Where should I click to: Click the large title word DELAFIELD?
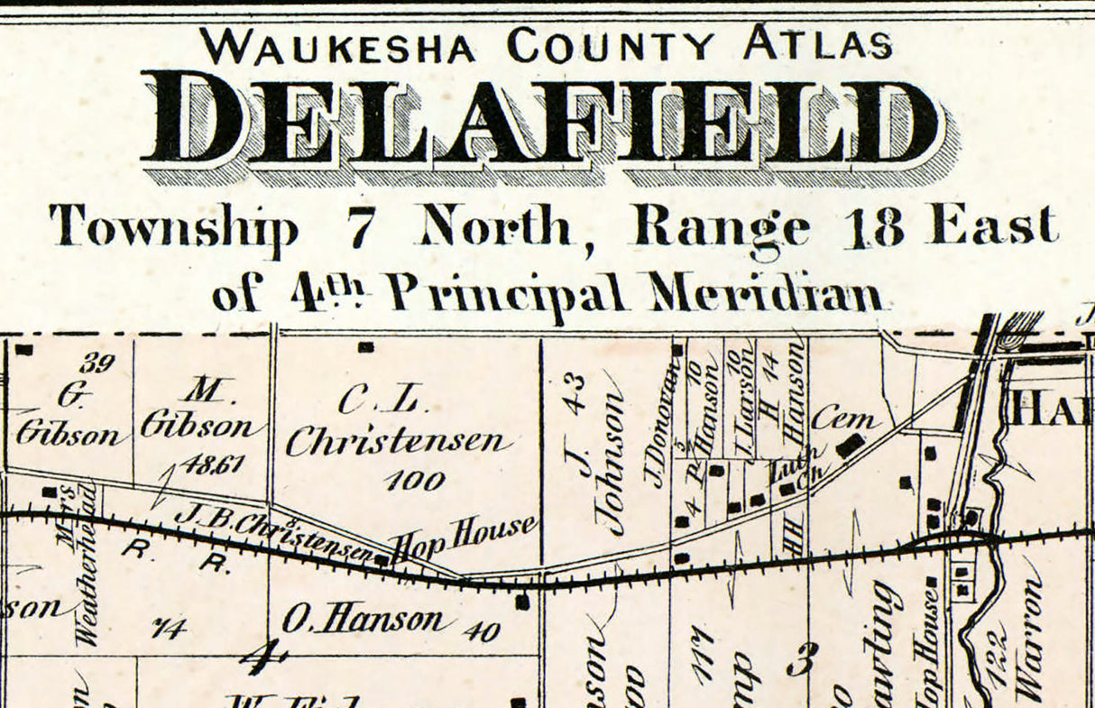(541, 122)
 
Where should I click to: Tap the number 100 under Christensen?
(415, 480)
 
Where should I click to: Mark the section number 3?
(798, 661)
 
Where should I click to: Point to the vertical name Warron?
(1028, 640)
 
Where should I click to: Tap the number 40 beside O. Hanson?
(481, 630)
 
